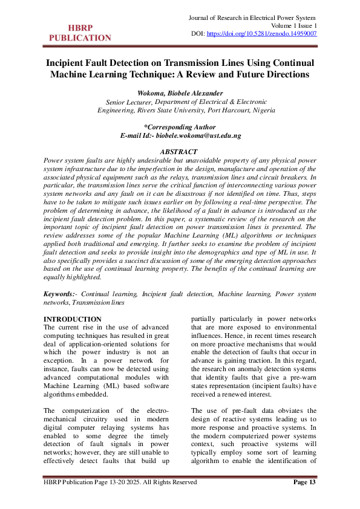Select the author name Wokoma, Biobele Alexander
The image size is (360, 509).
point(180,93)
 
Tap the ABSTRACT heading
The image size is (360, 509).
point(180,151)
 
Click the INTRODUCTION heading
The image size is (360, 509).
point(73,319)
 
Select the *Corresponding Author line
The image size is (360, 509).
point(180,127)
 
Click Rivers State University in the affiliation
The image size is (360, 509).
point(172,111)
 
